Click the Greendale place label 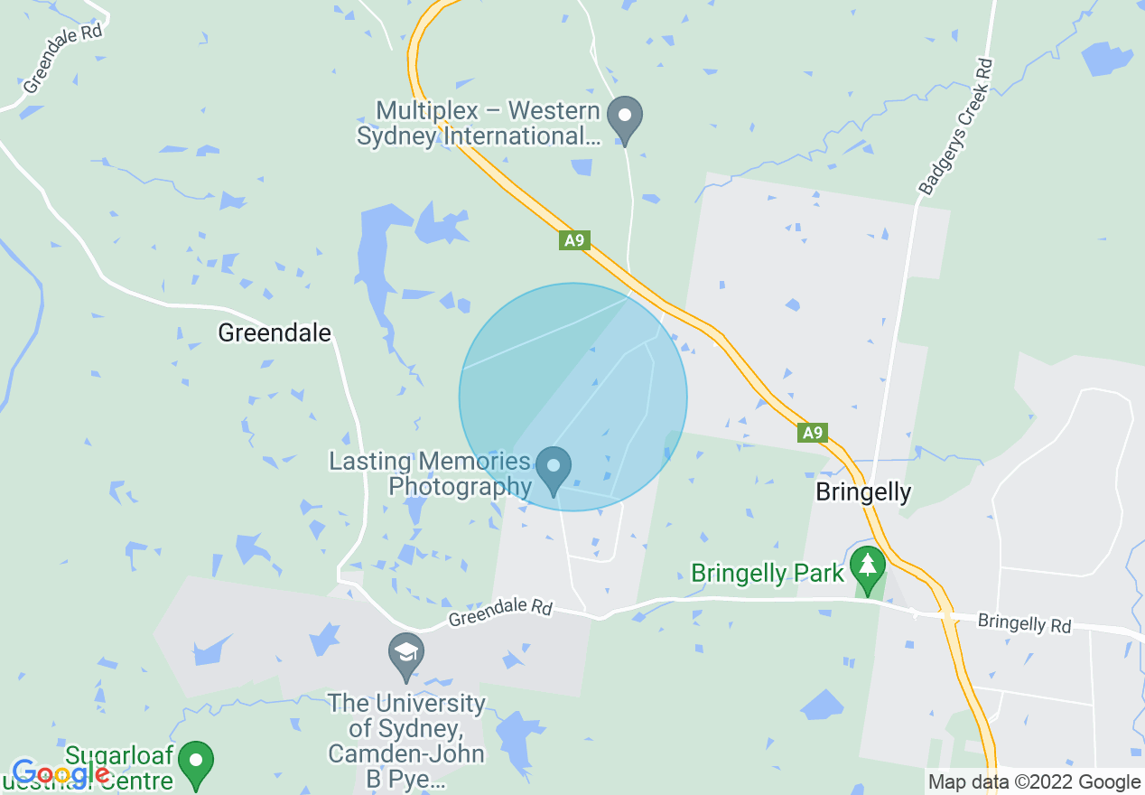coord(275,333)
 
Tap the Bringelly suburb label coord(862,492)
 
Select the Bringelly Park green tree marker coord(868,568)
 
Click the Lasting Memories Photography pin coord(554,469)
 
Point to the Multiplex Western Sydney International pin coord(624,119)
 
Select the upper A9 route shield coord(574,240)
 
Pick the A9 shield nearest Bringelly coord(813,433)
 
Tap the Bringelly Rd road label coord(1024,623)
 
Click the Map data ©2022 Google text coord(1035,782)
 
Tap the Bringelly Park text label coord(768,573)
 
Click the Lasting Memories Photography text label coord(432,474)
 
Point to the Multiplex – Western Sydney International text coord(479,124)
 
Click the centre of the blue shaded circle coord(572,397)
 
